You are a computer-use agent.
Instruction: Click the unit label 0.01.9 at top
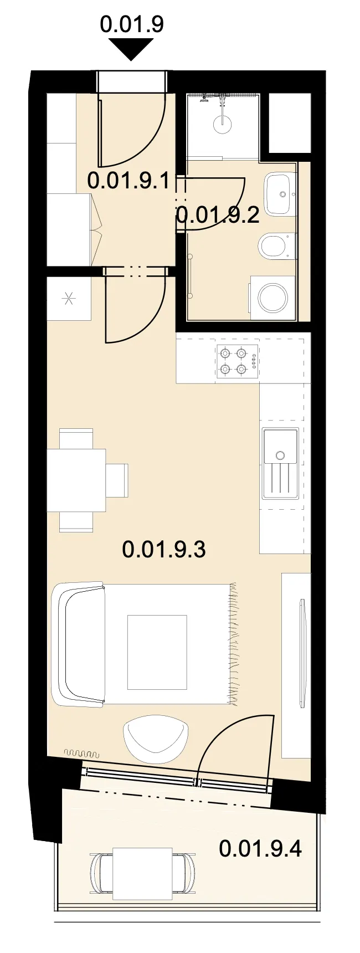132,24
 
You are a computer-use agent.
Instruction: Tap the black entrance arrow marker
131,49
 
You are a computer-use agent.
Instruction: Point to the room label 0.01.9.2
218,214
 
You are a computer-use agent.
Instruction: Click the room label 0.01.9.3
164,549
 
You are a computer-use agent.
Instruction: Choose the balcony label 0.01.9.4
260,848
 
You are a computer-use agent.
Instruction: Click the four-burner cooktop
238,361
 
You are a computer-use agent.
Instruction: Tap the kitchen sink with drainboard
281,463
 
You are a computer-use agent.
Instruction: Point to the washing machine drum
272,298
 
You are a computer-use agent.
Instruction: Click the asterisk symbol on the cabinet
69,299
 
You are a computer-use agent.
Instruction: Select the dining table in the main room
76,480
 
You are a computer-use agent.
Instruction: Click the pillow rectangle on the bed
157,652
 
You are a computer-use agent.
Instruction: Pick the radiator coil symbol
81,754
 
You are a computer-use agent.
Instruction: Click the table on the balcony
142,873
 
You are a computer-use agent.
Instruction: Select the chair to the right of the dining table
117,480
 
